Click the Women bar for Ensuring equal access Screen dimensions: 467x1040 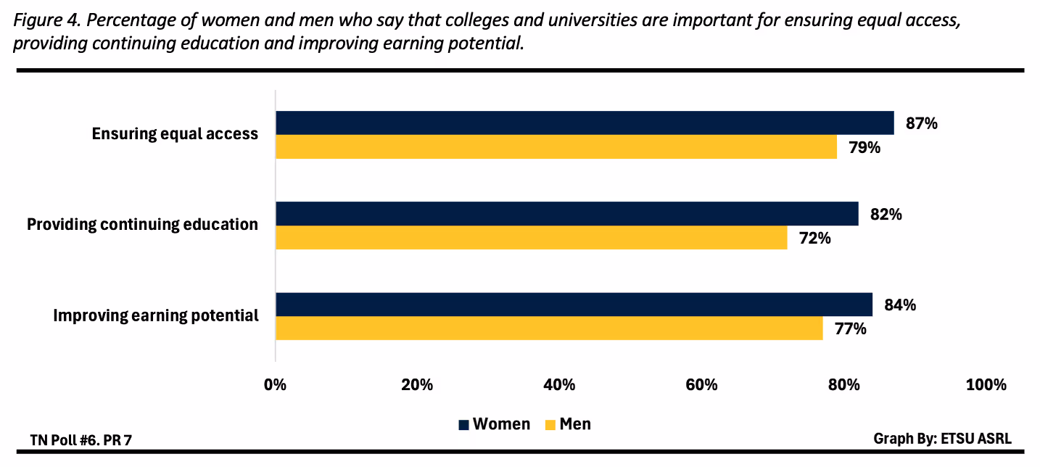pos(585,123)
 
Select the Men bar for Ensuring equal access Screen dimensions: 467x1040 pos(556,146)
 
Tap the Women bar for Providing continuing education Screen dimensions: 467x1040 pos(566,214)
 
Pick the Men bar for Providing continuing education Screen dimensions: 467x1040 pos(531,238)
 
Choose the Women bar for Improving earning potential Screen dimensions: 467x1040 pos(574,305)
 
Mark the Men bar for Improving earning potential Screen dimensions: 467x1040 pos(549,328)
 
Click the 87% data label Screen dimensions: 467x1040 pos(921,123)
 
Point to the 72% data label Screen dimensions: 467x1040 pos(814,238)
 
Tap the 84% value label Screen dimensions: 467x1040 pos(899,305)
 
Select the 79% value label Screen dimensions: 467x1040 pos(864,147)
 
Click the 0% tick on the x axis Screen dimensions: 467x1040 pos(276,385)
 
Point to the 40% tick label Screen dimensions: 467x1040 pos(559,385)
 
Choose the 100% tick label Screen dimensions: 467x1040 pos(986,385)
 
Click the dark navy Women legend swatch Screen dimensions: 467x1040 pos(463,425)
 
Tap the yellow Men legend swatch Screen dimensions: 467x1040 pos(549,425)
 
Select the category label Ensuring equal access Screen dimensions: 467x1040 pos(175,134)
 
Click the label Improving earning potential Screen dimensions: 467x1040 pos(156,315)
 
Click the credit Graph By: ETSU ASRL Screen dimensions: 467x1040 pos(942,439)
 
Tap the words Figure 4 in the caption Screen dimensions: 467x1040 pos(44,20)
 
